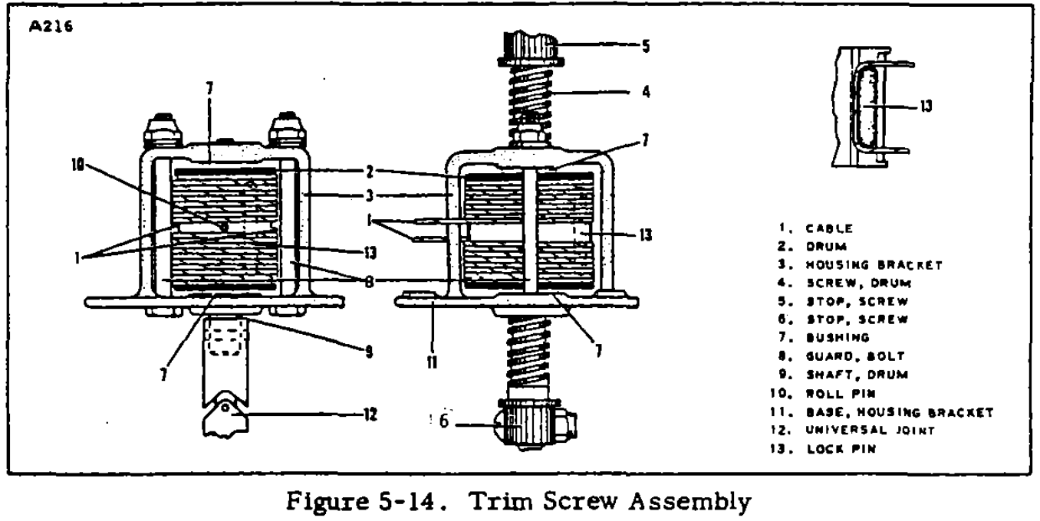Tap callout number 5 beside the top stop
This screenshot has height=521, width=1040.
pos(646,45)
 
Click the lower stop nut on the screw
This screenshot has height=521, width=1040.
pos(533,423)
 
